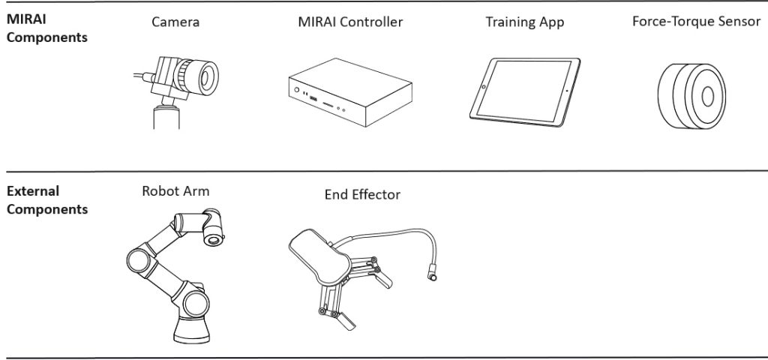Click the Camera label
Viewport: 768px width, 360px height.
(x=175, y=22)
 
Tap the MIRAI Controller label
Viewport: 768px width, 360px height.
(x=350, y=22)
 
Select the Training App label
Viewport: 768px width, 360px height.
(x=524, y=22)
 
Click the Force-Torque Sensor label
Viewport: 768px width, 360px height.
(x=696, y=21)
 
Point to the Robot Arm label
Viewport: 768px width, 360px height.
(x=175, y=191)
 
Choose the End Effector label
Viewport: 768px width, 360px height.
(x=362, y=195)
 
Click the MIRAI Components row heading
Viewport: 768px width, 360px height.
(x=46, y=29)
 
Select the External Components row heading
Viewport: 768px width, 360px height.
(x=46, y=200)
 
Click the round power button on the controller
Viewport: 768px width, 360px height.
(x=297, y=92)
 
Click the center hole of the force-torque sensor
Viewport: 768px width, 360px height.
(x=707, y=95)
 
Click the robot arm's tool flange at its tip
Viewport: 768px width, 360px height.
(x=215, y=239)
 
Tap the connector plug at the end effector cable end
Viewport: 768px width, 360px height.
(x=433, y=274)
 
